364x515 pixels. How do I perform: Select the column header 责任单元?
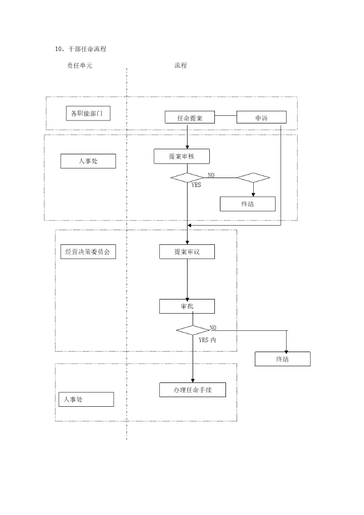(80, 66)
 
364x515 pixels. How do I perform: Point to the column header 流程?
(180, 66)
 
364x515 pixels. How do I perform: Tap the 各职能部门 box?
(88, 113)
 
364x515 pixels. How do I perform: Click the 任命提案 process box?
(190, 117)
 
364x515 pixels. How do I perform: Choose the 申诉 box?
(261, 117)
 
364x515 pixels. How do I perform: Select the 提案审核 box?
(181, 156)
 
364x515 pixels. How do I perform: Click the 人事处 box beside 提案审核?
(88, 161)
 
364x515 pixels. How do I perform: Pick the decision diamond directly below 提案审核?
(187, 178)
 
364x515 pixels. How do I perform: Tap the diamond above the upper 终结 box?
(253, 178)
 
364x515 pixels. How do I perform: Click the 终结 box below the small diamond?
(248, 204)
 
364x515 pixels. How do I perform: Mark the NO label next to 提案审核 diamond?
(211, 175)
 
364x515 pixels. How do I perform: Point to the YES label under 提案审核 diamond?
(196, 185)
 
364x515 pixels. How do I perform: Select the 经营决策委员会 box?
(88, 251)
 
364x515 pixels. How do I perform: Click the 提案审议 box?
(187, 251)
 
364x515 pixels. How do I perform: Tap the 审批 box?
(187, 306)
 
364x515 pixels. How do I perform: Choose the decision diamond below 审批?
(193, 330)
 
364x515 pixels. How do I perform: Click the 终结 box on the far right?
(282, 359)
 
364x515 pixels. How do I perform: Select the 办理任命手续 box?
(193, 390)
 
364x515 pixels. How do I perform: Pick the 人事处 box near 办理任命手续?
(85, 400)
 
